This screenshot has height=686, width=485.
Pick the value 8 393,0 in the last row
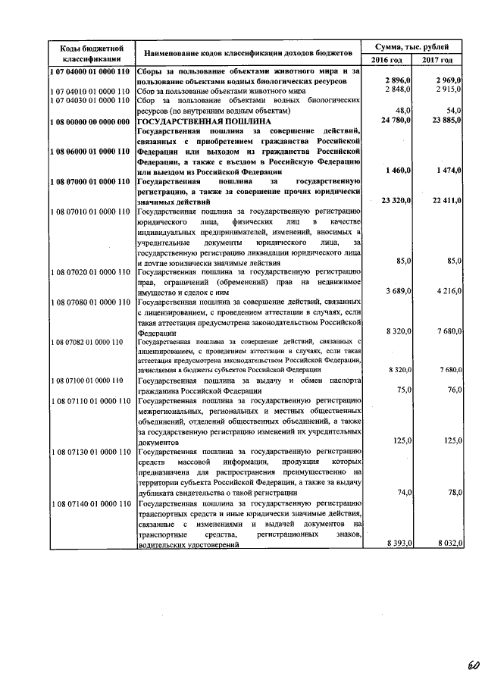click(x=398, y=543)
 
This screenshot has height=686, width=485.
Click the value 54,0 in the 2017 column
click(x=454, y=110)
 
